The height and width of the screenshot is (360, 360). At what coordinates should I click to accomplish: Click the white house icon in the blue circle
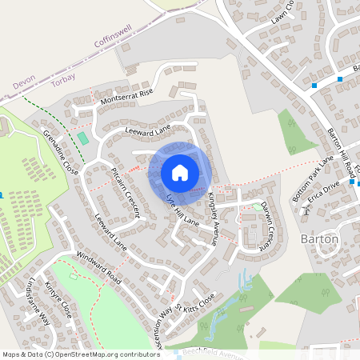click(179, 172)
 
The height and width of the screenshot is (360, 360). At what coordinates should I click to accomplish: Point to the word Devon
click(25, 83)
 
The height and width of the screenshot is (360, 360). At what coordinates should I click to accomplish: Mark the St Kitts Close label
click(196, 304)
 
